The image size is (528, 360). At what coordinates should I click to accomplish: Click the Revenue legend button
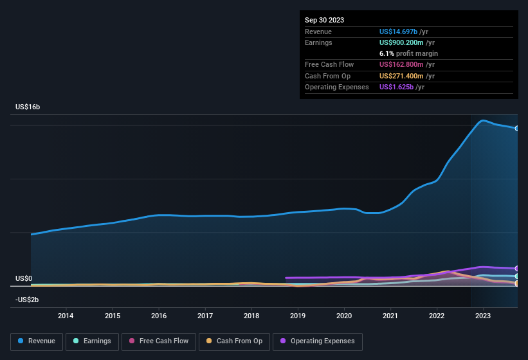[37, 341]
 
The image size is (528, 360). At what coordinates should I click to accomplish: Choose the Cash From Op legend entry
[234, 341]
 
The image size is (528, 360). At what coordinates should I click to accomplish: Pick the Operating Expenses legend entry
[318, 341]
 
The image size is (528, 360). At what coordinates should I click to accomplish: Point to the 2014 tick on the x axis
[66, 316]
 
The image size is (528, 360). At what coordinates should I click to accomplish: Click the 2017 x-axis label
[205, 316]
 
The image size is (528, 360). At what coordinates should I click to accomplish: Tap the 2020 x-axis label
[344, 316]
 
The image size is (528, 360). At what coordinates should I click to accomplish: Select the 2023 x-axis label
[483, 316]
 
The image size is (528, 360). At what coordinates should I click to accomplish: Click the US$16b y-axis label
[28, 107]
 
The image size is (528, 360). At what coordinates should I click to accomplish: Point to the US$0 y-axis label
[24, 278]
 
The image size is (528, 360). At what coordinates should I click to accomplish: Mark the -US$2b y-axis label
[27, 300]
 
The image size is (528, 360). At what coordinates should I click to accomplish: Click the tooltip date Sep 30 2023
[324, 20]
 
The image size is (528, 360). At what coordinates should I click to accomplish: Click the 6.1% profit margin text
[408, 53]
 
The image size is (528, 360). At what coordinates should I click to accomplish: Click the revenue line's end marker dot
[517, 129]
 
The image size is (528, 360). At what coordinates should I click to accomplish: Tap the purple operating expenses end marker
[517, 269]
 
